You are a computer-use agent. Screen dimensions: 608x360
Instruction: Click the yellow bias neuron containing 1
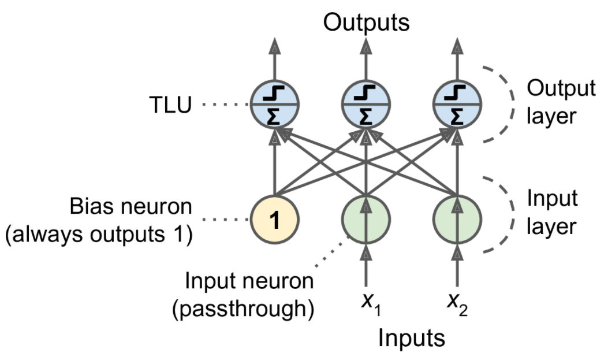274,220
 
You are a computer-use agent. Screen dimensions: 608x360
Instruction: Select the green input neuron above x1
365,220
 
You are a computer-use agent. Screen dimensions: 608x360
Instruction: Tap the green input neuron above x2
457,220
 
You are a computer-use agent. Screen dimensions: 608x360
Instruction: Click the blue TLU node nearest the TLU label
274,105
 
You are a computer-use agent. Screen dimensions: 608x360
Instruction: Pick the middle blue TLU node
365,105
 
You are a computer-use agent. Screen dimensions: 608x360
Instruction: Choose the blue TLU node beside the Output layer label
457,105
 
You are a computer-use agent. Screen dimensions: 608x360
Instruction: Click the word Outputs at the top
367,22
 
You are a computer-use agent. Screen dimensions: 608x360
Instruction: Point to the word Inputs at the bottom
412,337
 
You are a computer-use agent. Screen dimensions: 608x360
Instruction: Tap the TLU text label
170,105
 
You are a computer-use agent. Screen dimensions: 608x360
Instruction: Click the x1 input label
371,303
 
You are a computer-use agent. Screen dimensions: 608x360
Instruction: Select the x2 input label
457,303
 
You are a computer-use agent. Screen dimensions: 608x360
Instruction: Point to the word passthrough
243,309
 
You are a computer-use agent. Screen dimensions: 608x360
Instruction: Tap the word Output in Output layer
561,88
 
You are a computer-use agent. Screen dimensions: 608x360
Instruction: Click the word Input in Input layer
552,199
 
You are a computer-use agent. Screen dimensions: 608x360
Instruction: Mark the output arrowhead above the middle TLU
365,46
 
